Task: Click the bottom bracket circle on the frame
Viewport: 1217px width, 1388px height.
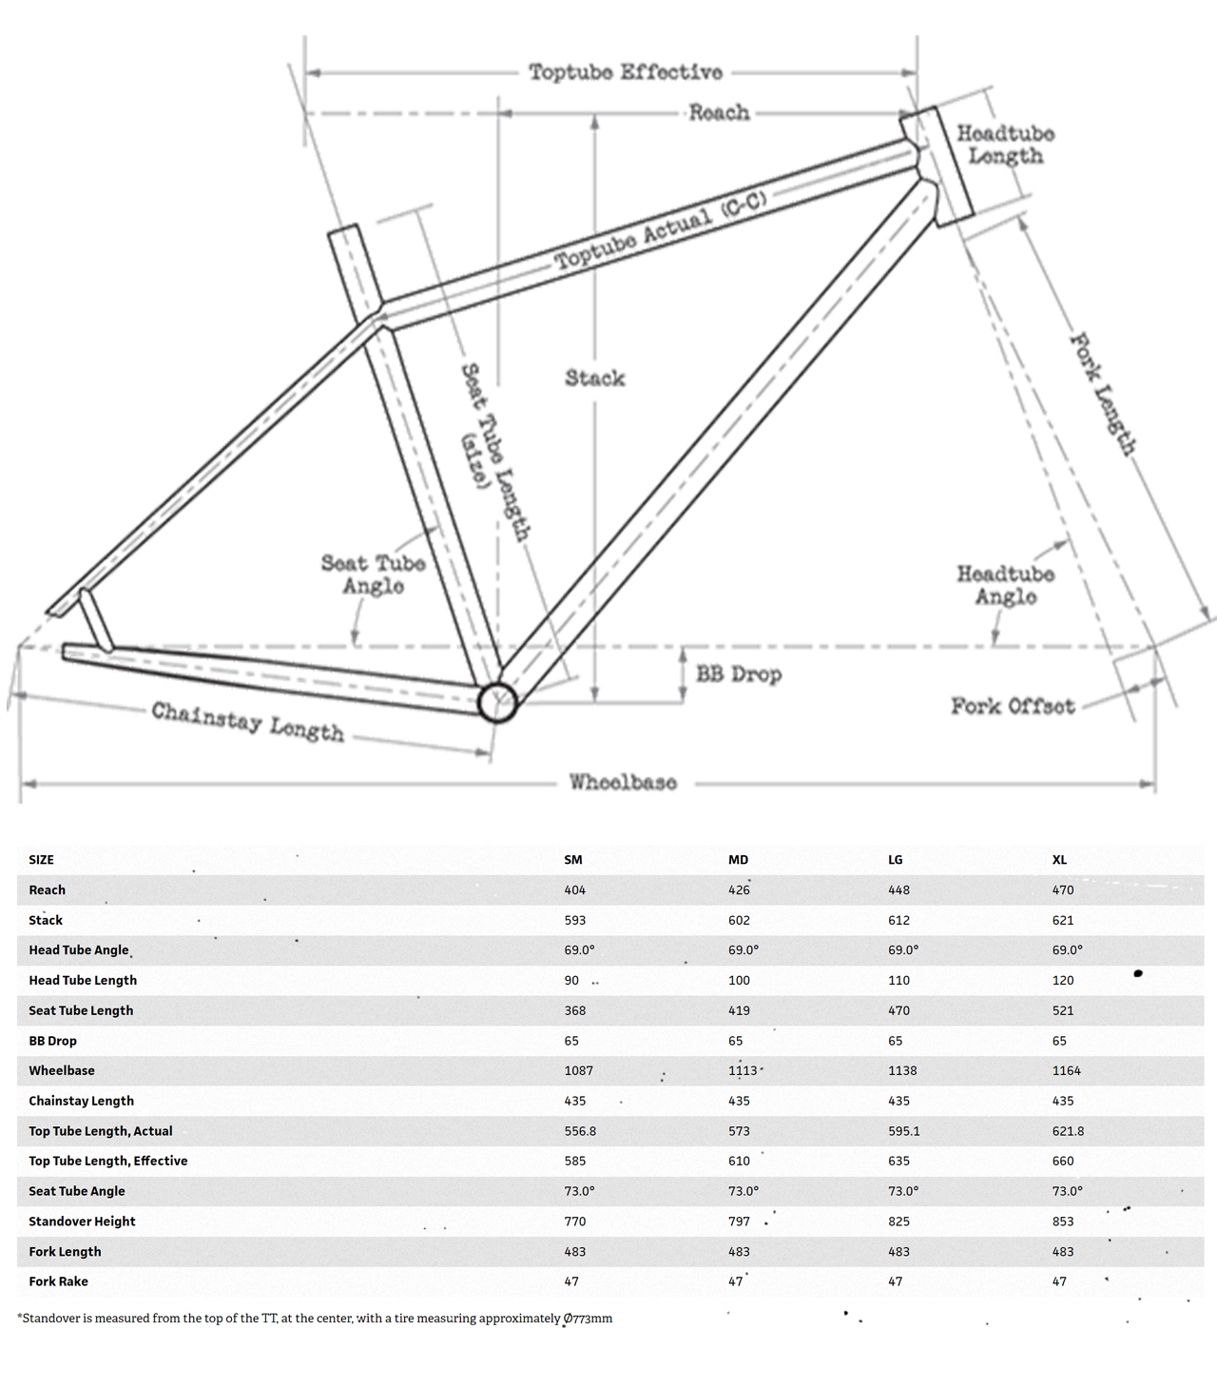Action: click(497, 703)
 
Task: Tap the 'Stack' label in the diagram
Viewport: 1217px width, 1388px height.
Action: click(595, 379)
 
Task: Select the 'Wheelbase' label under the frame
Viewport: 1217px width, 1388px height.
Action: click(623, 782)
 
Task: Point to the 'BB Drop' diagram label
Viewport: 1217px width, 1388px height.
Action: click(739, 674)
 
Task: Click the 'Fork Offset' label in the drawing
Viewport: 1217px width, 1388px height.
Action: click(1013, 706)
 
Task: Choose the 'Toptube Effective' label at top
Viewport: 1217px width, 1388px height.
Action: click(626, 72)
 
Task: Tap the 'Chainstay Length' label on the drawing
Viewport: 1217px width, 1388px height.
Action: click(247, 722)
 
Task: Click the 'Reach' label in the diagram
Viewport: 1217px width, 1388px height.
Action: click(719, 112)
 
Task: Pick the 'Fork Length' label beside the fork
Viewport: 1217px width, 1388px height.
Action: click(1104, 393)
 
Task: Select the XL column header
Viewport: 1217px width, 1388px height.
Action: click(1059, 860)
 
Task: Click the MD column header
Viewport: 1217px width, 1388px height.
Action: click(738, 860)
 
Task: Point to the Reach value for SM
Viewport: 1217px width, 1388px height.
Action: click(574, 890)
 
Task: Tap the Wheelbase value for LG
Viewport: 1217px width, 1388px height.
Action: click(902, 1071)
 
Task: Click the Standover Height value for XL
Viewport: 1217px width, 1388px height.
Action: click(1063, 1222)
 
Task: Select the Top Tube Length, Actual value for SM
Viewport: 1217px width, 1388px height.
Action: click(580, 1131)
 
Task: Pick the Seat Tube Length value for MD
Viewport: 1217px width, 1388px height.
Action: click(739, 1010)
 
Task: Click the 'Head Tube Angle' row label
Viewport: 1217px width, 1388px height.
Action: click(78, 950)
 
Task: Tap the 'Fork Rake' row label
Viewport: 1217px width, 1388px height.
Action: click(58, 1281)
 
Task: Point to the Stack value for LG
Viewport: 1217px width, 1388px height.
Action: click(898, 921)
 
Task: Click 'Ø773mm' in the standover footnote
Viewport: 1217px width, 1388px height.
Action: click(588, 1319)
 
